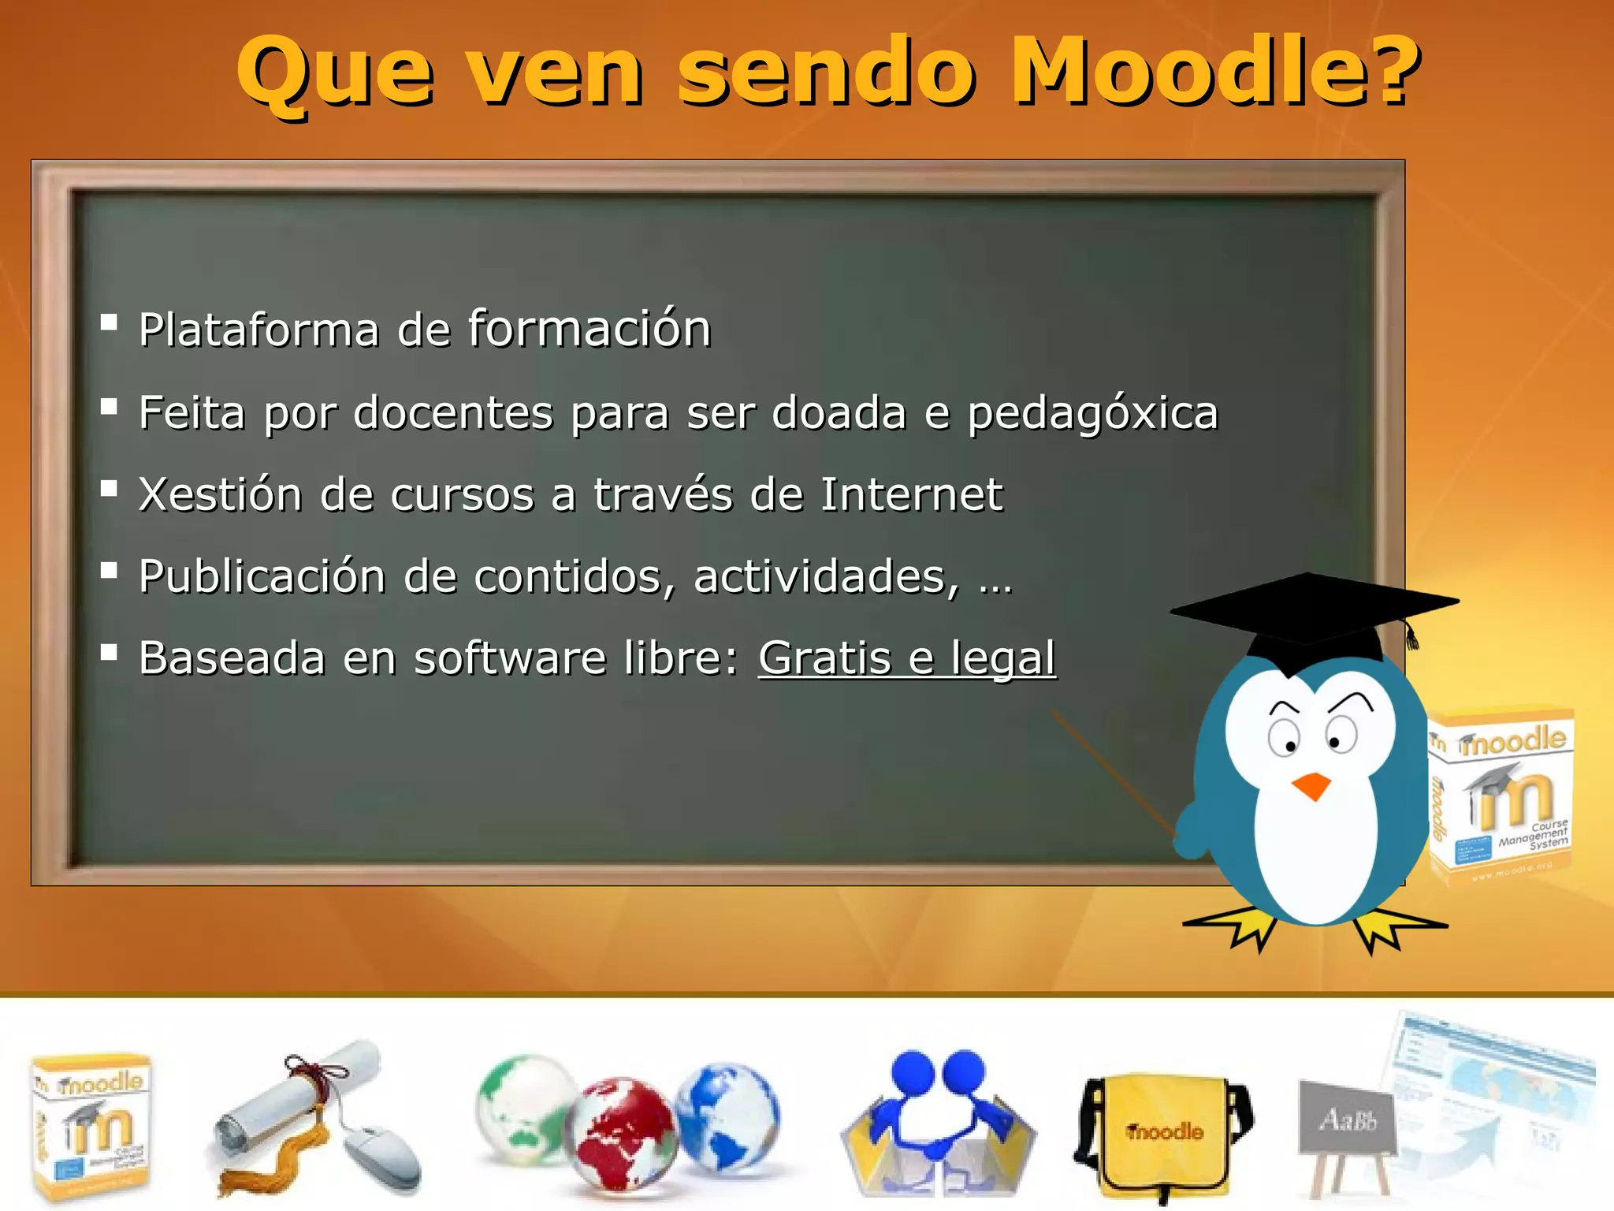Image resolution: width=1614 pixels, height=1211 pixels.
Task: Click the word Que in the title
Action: tap(335, 73)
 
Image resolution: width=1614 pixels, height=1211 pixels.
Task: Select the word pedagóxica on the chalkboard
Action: tap(1092, 413)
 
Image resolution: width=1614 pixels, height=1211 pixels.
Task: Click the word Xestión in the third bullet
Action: tap(220, 495)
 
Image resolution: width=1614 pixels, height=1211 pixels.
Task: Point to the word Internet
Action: tap(911, 495)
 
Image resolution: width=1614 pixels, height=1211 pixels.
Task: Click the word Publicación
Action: tap(262, 576)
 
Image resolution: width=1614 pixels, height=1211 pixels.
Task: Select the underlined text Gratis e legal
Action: tap(906, 658)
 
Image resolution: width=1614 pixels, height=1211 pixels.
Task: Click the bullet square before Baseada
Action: tap(109, 651)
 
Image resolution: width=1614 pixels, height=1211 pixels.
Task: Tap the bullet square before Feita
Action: tap(109, 407)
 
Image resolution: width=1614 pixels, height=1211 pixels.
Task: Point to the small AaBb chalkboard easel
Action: tap(1346, 1127)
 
